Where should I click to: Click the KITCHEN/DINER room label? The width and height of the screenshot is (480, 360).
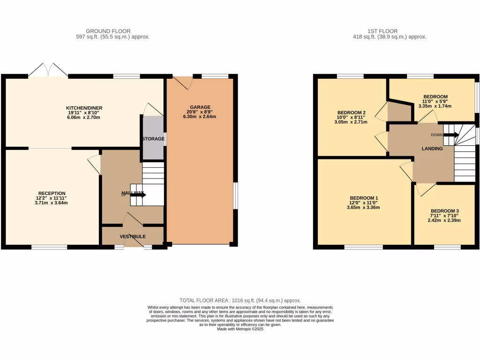pyautogui.click(x=84, y=108)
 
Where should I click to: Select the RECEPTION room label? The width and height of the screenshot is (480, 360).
pyautogui.click(x=52, y=193)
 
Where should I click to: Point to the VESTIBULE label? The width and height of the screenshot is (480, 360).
pyautogui.click(x=133, y=236)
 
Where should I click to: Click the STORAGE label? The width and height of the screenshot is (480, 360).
pyautogui.click(x=153, y=139)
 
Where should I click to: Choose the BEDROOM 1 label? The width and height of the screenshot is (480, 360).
pyautogui.click(x=363, y=198)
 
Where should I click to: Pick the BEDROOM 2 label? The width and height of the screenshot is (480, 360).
pyautogui.click(x=351, y=112)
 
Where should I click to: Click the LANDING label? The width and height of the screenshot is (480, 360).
pyautogui.click(x=432, y=149)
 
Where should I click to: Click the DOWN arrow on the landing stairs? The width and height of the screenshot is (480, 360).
pyautogui.click(x=451, y=135)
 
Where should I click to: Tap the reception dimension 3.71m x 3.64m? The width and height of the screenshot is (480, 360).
pyautogui.click(x=52, y=203)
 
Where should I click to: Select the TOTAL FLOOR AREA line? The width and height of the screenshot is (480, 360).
pyautogui.click(x=240, y=300)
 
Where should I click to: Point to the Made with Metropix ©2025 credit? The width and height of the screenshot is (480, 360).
pyautogui.click(x=240, y=329)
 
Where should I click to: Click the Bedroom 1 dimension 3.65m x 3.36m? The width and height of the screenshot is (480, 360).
pyautogui.click(x=363, y=207)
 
